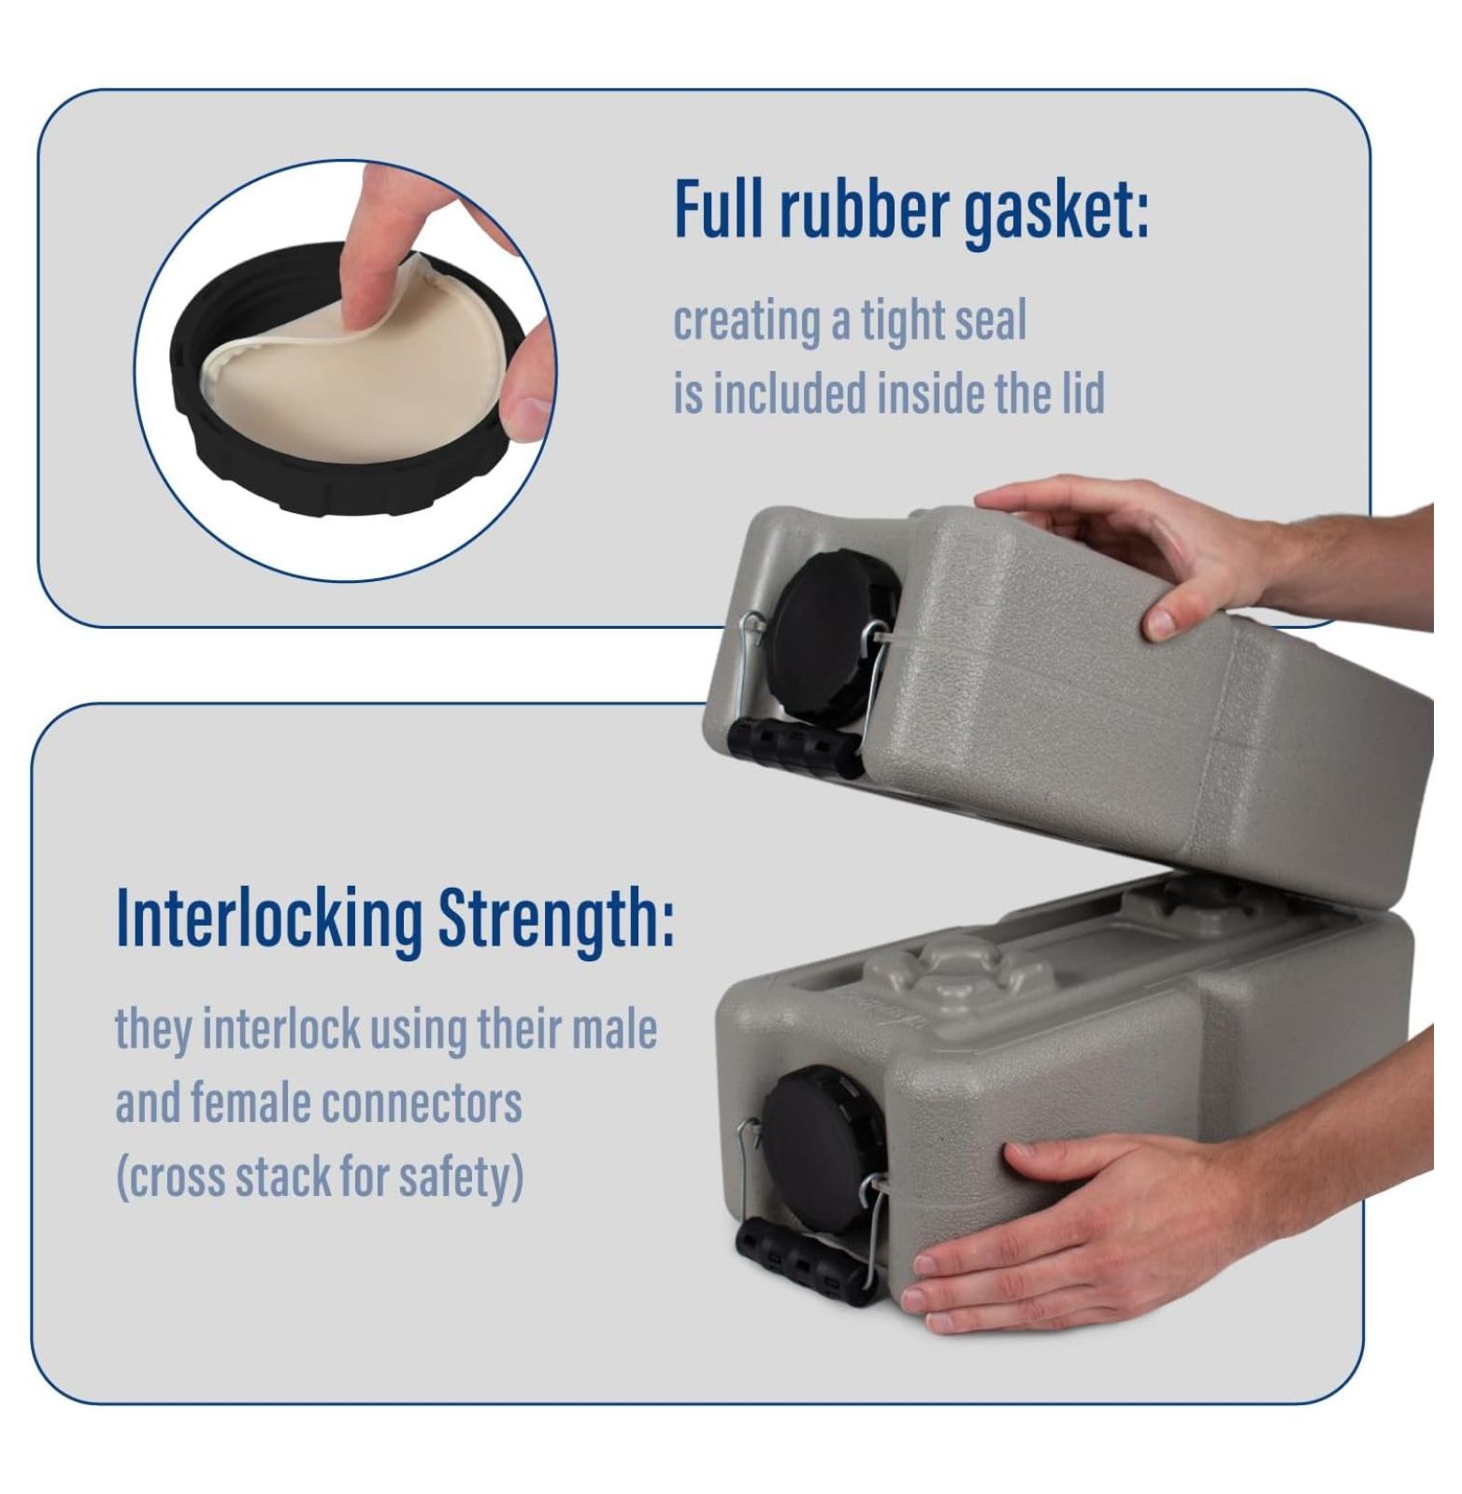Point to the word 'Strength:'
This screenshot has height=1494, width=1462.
click(x=556, y=919)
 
